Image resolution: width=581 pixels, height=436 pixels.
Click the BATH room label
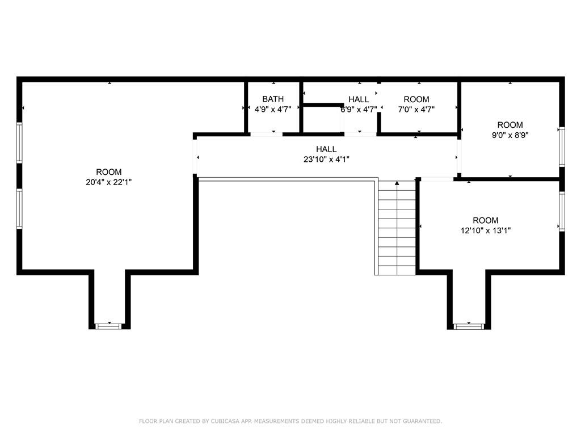tap(273, 99)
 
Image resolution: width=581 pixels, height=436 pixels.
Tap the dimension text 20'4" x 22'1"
tap(109, 182)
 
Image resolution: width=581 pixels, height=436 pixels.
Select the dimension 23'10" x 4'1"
tap(326, 160)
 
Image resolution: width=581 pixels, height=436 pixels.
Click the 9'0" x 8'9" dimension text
tap(510, 135)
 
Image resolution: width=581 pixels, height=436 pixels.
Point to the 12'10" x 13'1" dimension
tap(486, 230)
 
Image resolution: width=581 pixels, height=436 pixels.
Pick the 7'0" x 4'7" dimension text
tap(416, 110)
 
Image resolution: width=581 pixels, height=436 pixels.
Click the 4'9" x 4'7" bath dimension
tap(273, 109)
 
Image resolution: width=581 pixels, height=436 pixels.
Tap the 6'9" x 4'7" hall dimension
tap(359, 110)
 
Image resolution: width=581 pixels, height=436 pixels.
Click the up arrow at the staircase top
tap(397, 183)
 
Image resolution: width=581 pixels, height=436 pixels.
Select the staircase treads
tap(397, 228)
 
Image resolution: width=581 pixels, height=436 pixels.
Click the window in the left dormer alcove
tap(108, 326)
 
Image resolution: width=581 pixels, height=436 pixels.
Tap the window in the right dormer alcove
tap(469, 326)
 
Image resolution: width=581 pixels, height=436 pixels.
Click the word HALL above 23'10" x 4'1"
tap(326, 149)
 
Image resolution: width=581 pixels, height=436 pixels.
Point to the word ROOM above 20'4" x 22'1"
tap(109, 172)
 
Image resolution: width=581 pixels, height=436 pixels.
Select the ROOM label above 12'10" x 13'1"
tap(486, 220)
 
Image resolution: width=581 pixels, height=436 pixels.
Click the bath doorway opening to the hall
tap(267, 134)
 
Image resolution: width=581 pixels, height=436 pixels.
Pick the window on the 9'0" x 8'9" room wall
tap(562, 147)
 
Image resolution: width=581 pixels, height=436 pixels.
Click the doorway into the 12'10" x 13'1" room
tap(437, 179)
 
